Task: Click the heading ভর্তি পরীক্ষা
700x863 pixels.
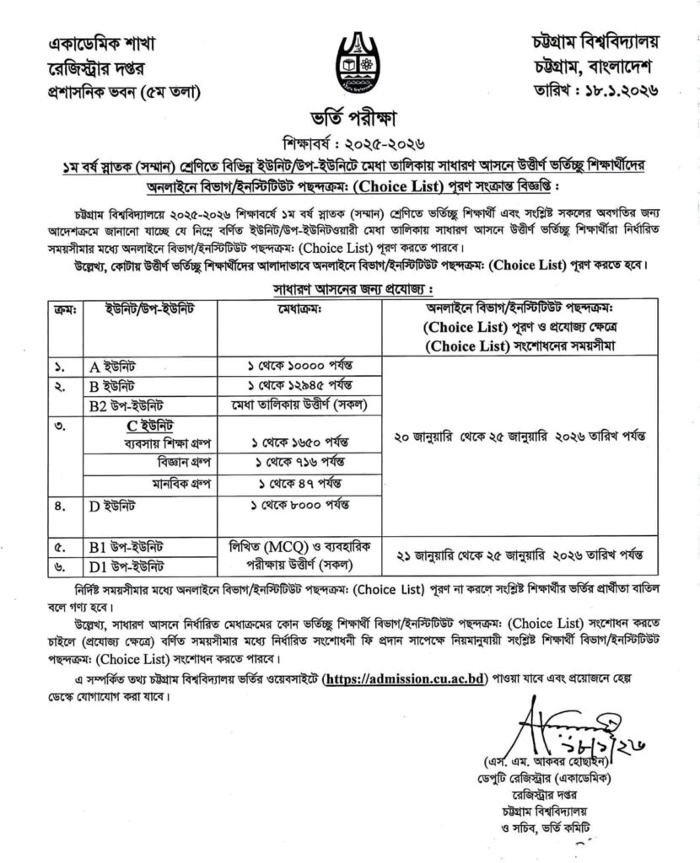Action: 349,115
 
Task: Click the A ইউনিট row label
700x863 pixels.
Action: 118,365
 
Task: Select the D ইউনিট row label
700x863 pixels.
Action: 118,506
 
